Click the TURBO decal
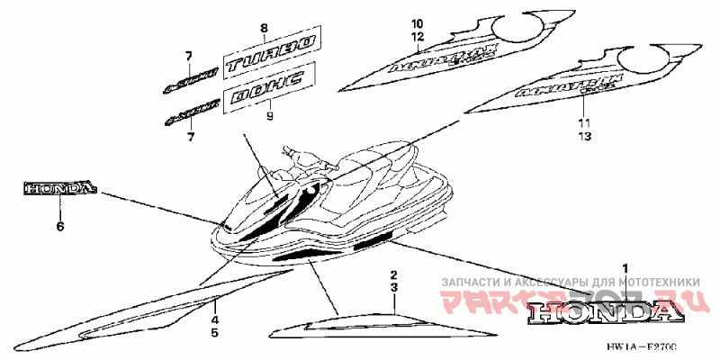(x=269, y=55)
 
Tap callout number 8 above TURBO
(x=264, y=29)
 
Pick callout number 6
(x=60, y=227)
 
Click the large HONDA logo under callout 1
(x=601, y=312)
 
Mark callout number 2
(x=393, y=273)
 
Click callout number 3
(x=393, y=286)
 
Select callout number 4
(x=214, y=319)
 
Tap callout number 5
(x=214, y=333)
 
